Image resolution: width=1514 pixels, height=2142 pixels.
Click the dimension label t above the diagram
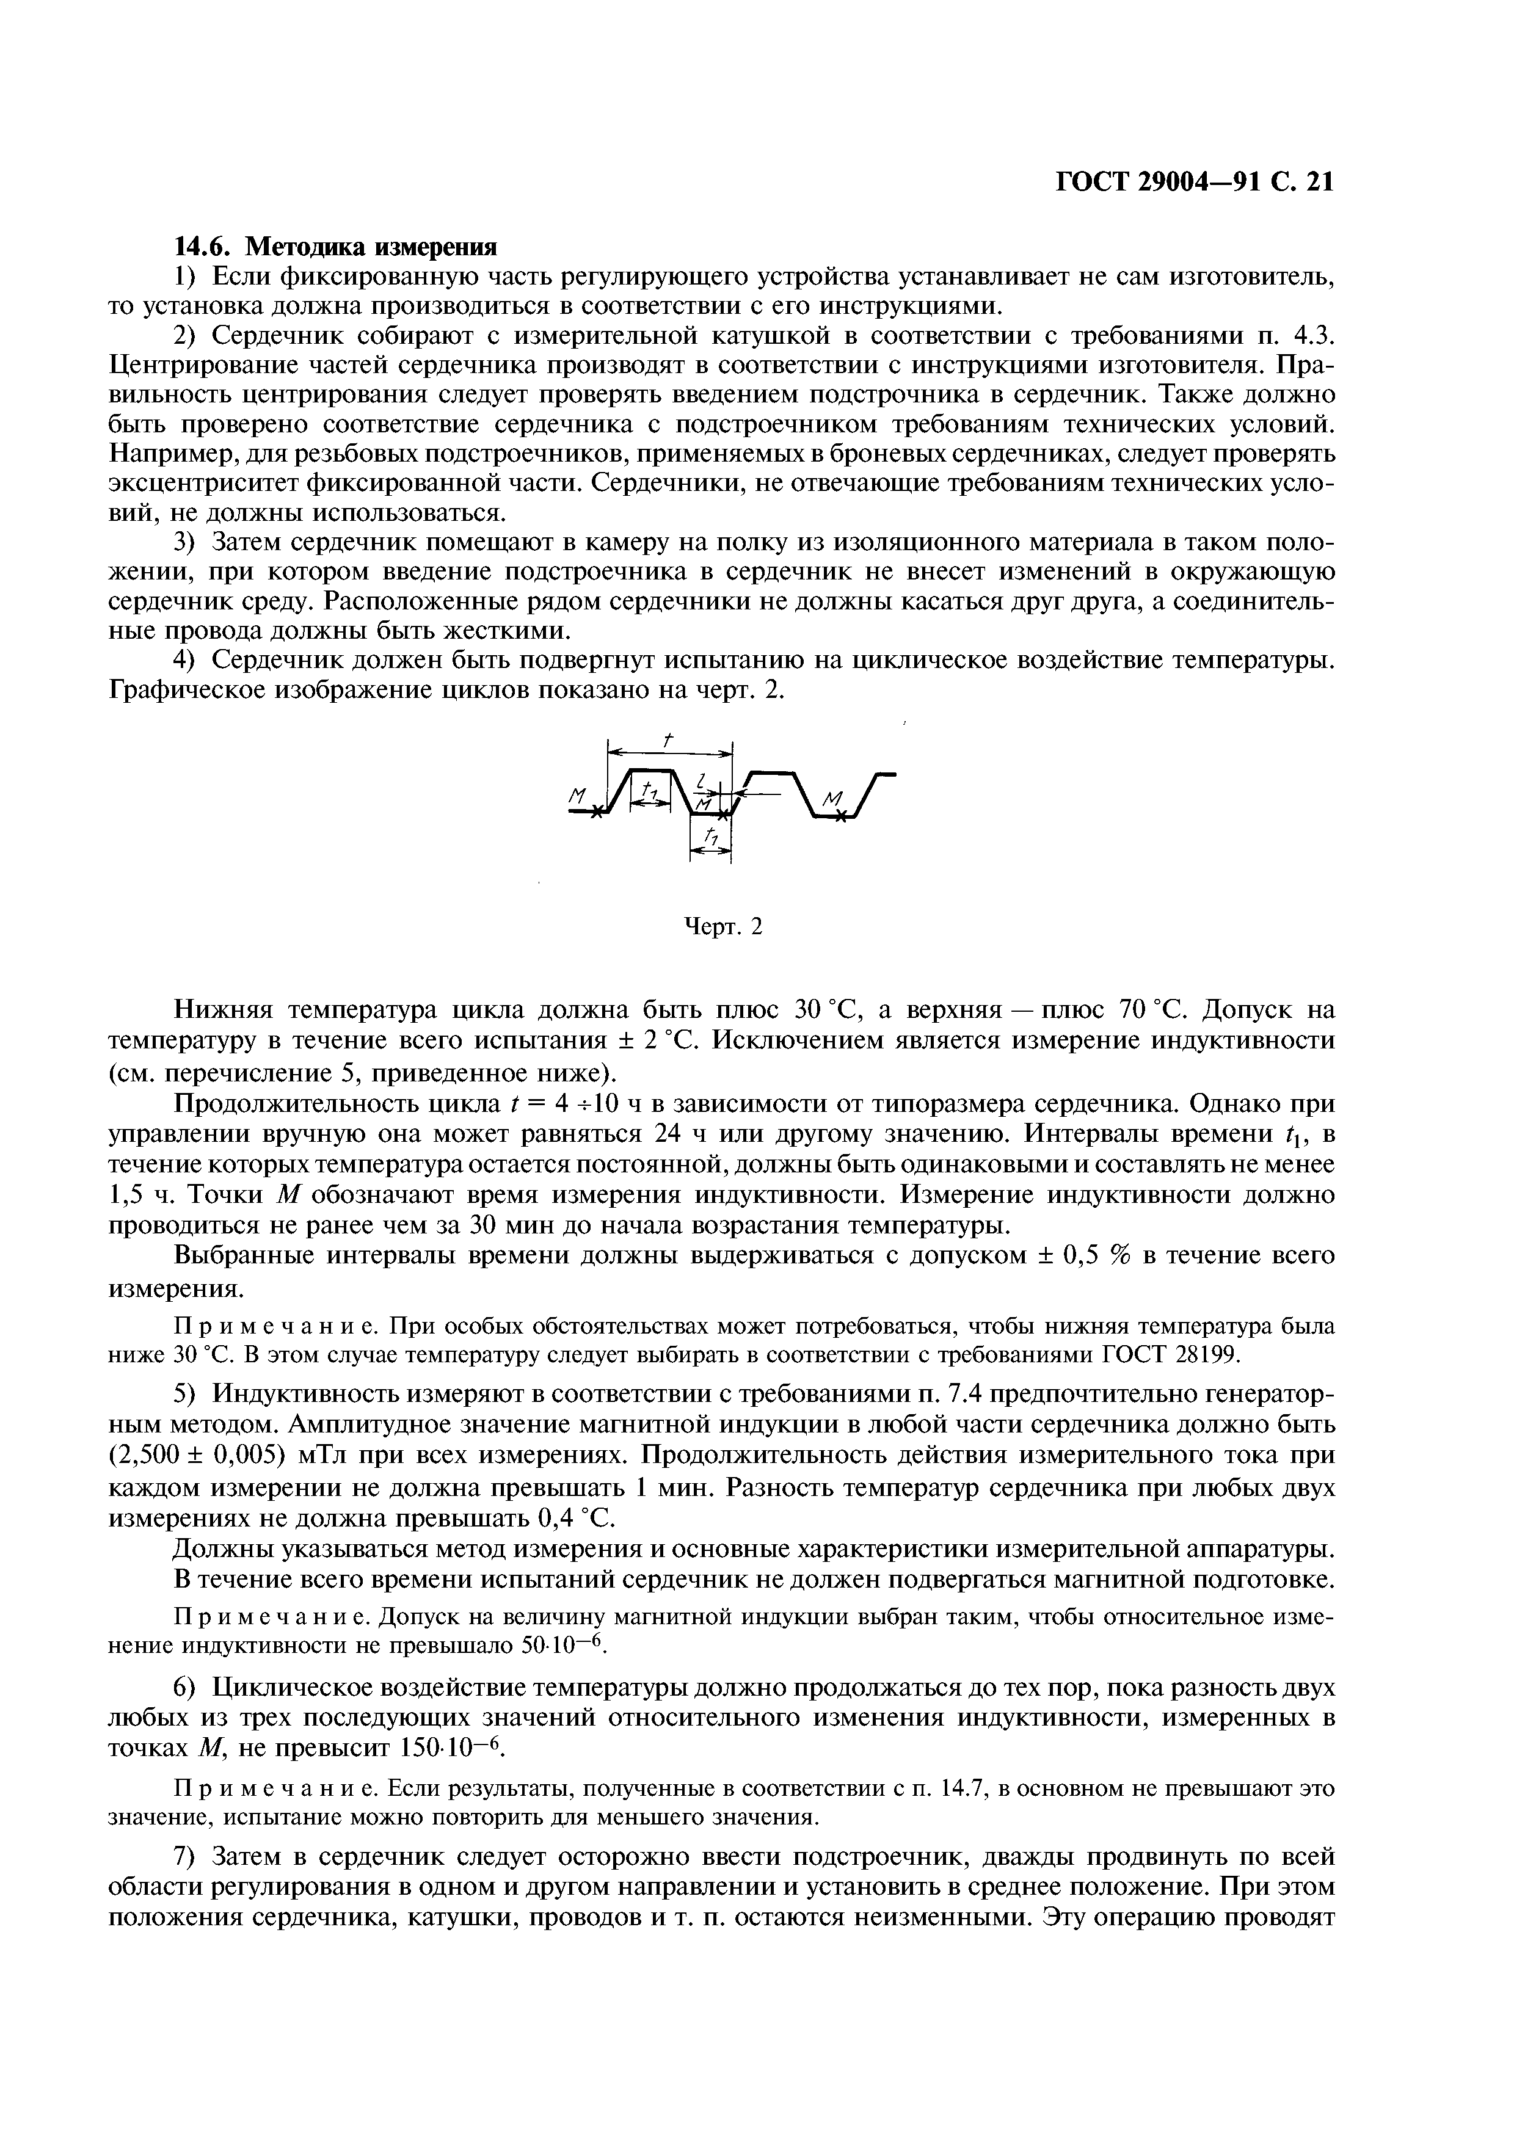pos(668,740)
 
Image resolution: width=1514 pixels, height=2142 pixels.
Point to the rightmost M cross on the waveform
pos(842,816)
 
